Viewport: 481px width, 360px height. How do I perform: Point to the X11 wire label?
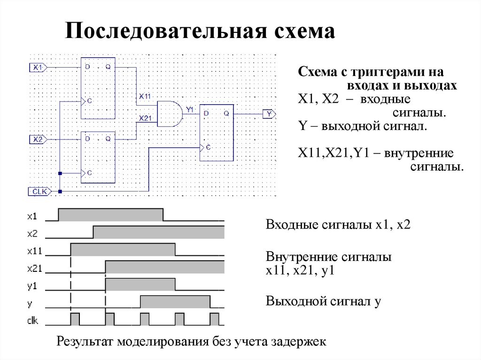144,96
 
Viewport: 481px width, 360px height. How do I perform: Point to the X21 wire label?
145,118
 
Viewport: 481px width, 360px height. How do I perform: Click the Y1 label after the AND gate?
190,109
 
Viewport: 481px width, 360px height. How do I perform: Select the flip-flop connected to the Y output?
217,133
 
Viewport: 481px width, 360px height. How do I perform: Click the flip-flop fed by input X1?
98,88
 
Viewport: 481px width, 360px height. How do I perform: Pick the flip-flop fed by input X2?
98,157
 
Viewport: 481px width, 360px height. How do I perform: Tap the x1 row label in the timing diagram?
32,216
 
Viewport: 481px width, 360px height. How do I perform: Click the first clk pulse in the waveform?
75,319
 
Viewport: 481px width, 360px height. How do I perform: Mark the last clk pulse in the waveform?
215,319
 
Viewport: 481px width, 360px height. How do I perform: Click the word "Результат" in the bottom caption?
85,341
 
